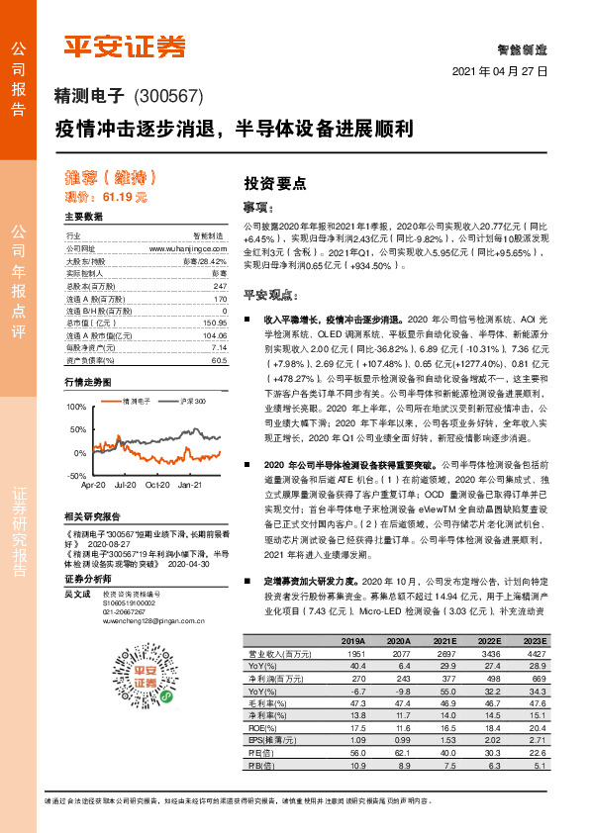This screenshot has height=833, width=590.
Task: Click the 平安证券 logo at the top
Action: click(125, 46)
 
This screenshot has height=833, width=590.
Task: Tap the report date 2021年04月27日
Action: click(500, 72)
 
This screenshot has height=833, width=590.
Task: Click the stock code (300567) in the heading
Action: click(167, 96)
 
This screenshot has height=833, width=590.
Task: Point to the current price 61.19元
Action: click(127, 197)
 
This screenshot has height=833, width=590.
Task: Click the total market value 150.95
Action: click(214, 323)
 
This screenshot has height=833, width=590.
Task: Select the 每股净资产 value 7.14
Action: click(219, 348)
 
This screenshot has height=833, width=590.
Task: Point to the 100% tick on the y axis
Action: click(76, 407)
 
